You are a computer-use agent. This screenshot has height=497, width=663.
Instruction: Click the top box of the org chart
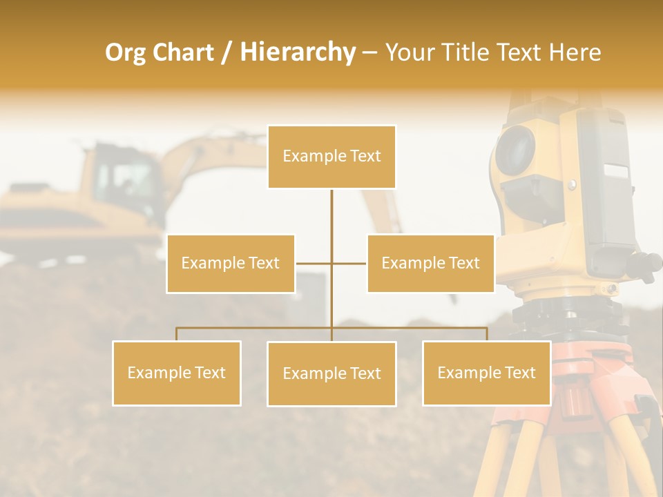tap(331, 157)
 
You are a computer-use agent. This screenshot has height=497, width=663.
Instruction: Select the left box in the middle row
tap(231, 263)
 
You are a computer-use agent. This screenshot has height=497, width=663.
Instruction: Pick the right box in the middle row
tap(430, 263)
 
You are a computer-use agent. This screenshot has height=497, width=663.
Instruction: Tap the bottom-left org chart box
tap(177, 373)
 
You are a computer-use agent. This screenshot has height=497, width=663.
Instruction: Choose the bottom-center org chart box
tap(331, 373)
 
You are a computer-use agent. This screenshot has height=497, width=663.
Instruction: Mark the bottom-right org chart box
tap(486, 373)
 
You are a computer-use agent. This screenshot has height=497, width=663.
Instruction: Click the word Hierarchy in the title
tap(297, 52)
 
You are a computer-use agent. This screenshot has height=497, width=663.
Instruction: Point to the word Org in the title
tap(126, 52)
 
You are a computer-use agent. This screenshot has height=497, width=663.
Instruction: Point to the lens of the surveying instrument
tap(515, 150)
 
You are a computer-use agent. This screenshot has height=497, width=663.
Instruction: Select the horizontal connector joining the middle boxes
tap(331, 263)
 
